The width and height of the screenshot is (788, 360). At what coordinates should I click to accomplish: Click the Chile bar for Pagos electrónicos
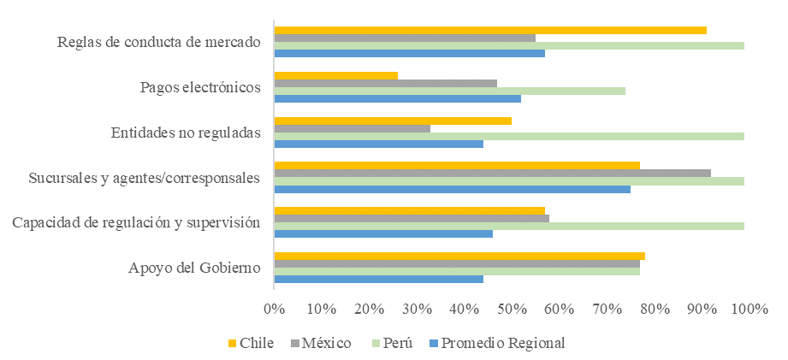[335, 75]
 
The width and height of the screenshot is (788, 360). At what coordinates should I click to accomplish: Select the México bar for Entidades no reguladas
[352, 128]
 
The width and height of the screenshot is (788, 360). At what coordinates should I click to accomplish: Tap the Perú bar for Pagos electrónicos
[449, 91]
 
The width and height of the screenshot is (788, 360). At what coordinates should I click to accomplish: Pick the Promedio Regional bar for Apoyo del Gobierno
[378, 278]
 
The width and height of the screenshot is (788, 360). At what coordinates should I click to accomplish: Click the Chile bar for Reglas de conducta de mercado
[490, 30]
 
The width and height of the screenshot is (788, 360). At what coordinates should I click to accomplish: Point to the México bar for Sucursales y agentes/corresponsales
[492, 173]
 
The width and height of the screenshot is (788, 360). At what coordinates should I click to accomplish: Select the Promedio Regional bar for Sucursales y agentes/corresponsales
[452, 188]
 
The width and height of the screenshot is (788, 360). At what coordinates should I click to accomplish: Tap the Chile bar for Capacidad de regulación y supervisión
[409, 210]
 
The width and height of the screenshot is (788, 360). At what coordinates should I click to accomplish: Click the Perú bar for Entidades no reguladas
[508, 136]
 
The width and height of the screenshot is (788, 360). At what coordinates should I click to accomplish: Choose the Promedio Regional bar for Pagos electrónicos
[397, 98]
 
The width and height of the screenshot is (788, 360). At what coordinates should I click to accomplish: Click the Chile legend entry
[251, 343]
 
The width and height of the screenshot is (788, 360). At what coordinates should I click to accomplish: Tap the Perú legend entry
[391, 343]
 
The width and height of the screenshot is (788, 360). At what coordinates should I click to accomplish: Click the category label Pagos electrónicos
[199, 87]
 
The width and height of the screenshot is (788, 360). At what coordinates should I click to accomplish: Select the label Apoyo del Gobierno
[194, 268]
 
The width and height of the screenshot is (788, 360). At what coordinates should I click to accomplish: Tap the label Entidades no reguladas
[186, 133]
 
